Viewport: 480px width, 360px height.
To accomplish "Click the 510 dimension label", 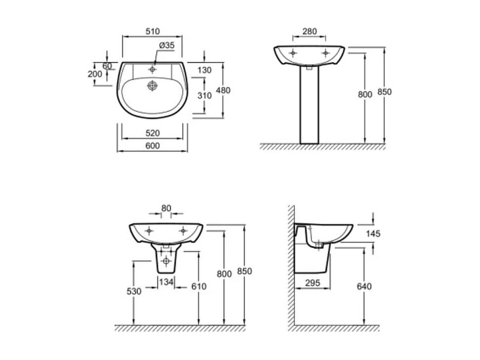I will tap(153, 31).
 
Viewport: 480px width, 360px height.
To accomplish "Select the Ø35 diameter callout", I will tap(167, 45).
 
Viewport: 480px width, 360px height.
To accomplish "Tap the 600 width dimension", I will tap(153, 146).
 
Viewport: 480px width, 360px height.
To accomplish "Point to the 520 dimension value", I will tap(153, 133).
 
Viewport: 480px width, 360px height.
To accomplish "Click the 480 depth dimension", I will tap(223, 90).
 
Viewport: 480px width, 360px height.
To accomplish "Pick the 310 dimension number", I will tap(204, 96).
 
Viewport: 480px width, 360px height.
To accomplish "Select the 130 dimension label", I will tap(204, 70).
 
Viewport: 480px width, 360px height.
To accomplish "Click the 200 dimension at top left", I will tap(94, 74).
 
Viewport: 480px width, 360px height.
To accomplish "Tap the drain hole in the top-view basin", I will tap(153, 86).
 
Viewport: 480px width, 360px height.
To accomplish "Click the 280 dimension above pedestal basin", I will tap(309, 31).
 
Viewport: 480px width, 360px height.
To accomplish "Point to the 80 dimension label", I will tap(166, 208).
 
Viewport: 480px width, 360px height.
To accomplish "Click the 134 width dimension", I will tap(166, 281).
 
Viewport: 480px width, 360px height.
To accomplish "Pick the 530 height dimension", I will tap(134, 291).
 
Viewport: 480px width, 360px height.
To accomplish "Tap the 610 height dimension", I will tap(199, 286).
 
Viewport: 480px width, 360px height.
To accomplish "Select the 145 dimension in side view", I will tap(373, 234).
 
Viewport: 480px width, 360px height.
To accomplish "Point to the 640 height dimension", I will tap(364, 286).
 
